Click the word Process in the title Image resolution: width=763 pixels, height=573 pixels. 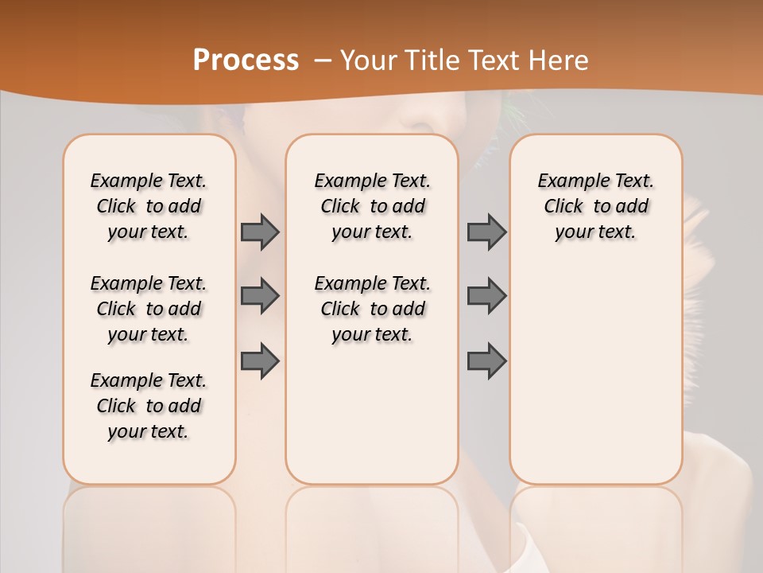point(246,60)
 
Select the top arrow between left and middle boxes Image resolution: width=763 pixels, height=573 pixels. point(260,232)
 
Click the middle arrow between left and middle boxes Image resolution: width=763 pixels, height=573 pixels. point(260,296)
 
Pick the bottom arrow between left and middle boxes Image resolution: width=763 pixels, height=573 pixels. point(260,361)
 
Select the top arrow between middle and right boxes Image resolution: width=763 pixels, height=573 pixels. point(486,232)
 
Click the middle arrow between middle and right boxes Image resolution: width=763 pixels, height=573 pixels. point(486,296)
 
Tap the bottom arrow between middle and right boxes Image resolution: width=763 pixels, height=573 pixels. point(486,361)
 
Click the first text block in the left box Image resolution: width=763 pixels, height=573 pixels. point(149,206)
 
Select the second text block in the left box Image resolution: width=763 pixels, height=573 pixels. point(149,309)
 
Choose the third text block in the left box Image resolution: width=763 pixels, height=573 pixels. point(149,406)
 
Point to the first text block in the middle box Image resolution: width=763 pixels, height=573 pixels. point(372,206)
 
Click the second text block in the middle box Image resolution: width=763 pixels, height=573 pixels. point(372,309)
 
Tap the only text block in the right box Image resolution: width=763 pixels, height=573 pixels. point(595,206)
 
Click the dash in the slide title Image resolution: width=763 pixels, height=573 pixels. point(323,60)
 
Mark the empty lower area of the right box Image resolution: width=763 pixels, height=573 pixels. point(595,366)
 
